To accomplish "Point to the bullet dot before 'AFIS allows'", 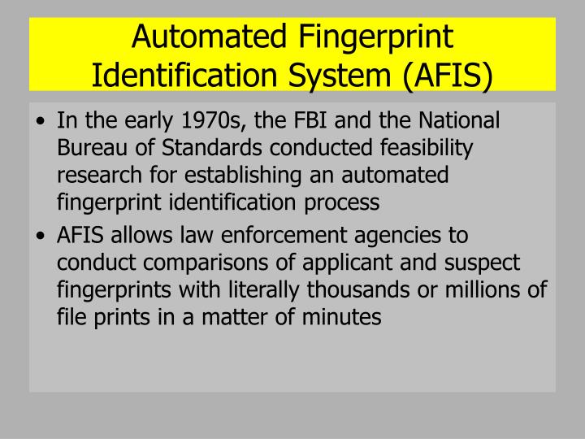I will pyautogui.click(x=42, y=237).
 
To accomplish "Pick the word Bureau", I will pyautogui.click(x=90, y=150).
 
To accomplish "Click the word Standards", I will pyautogui.click(x=197, y=150).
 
